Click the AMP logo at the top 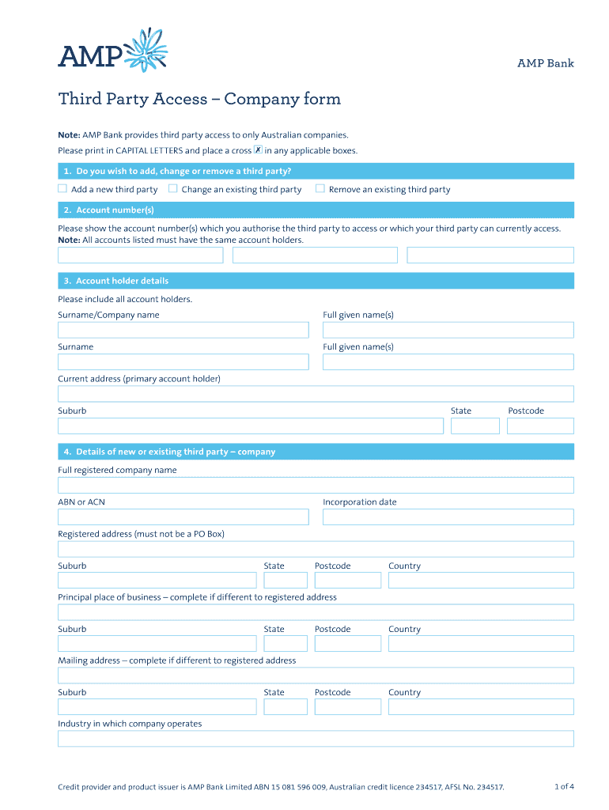(112, 51)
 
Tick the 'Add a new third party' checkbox (62, 189)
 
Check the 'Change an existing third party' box (172, 189)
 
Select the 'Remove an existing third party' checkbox (320, 189)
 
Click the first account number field (141, 255)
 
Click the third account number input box (490, 255)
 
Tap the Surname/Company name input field (183, 330)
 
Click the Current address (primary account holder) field (316, 394)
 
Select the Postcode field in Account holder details (540, 426)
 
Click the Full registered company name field (316, 485)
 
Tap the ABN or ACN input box (183, 517)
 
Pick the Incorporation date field (448, 517)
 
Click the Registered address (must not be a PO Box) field (316, 549)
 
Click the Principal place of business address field (316, 612)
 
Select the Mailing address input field (316, 676)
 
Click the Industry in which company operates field (316, 739)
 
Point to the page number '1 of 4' (564, 786)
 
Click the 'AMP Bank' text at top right (545, 63)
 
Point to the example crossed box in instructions (258, 150)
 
